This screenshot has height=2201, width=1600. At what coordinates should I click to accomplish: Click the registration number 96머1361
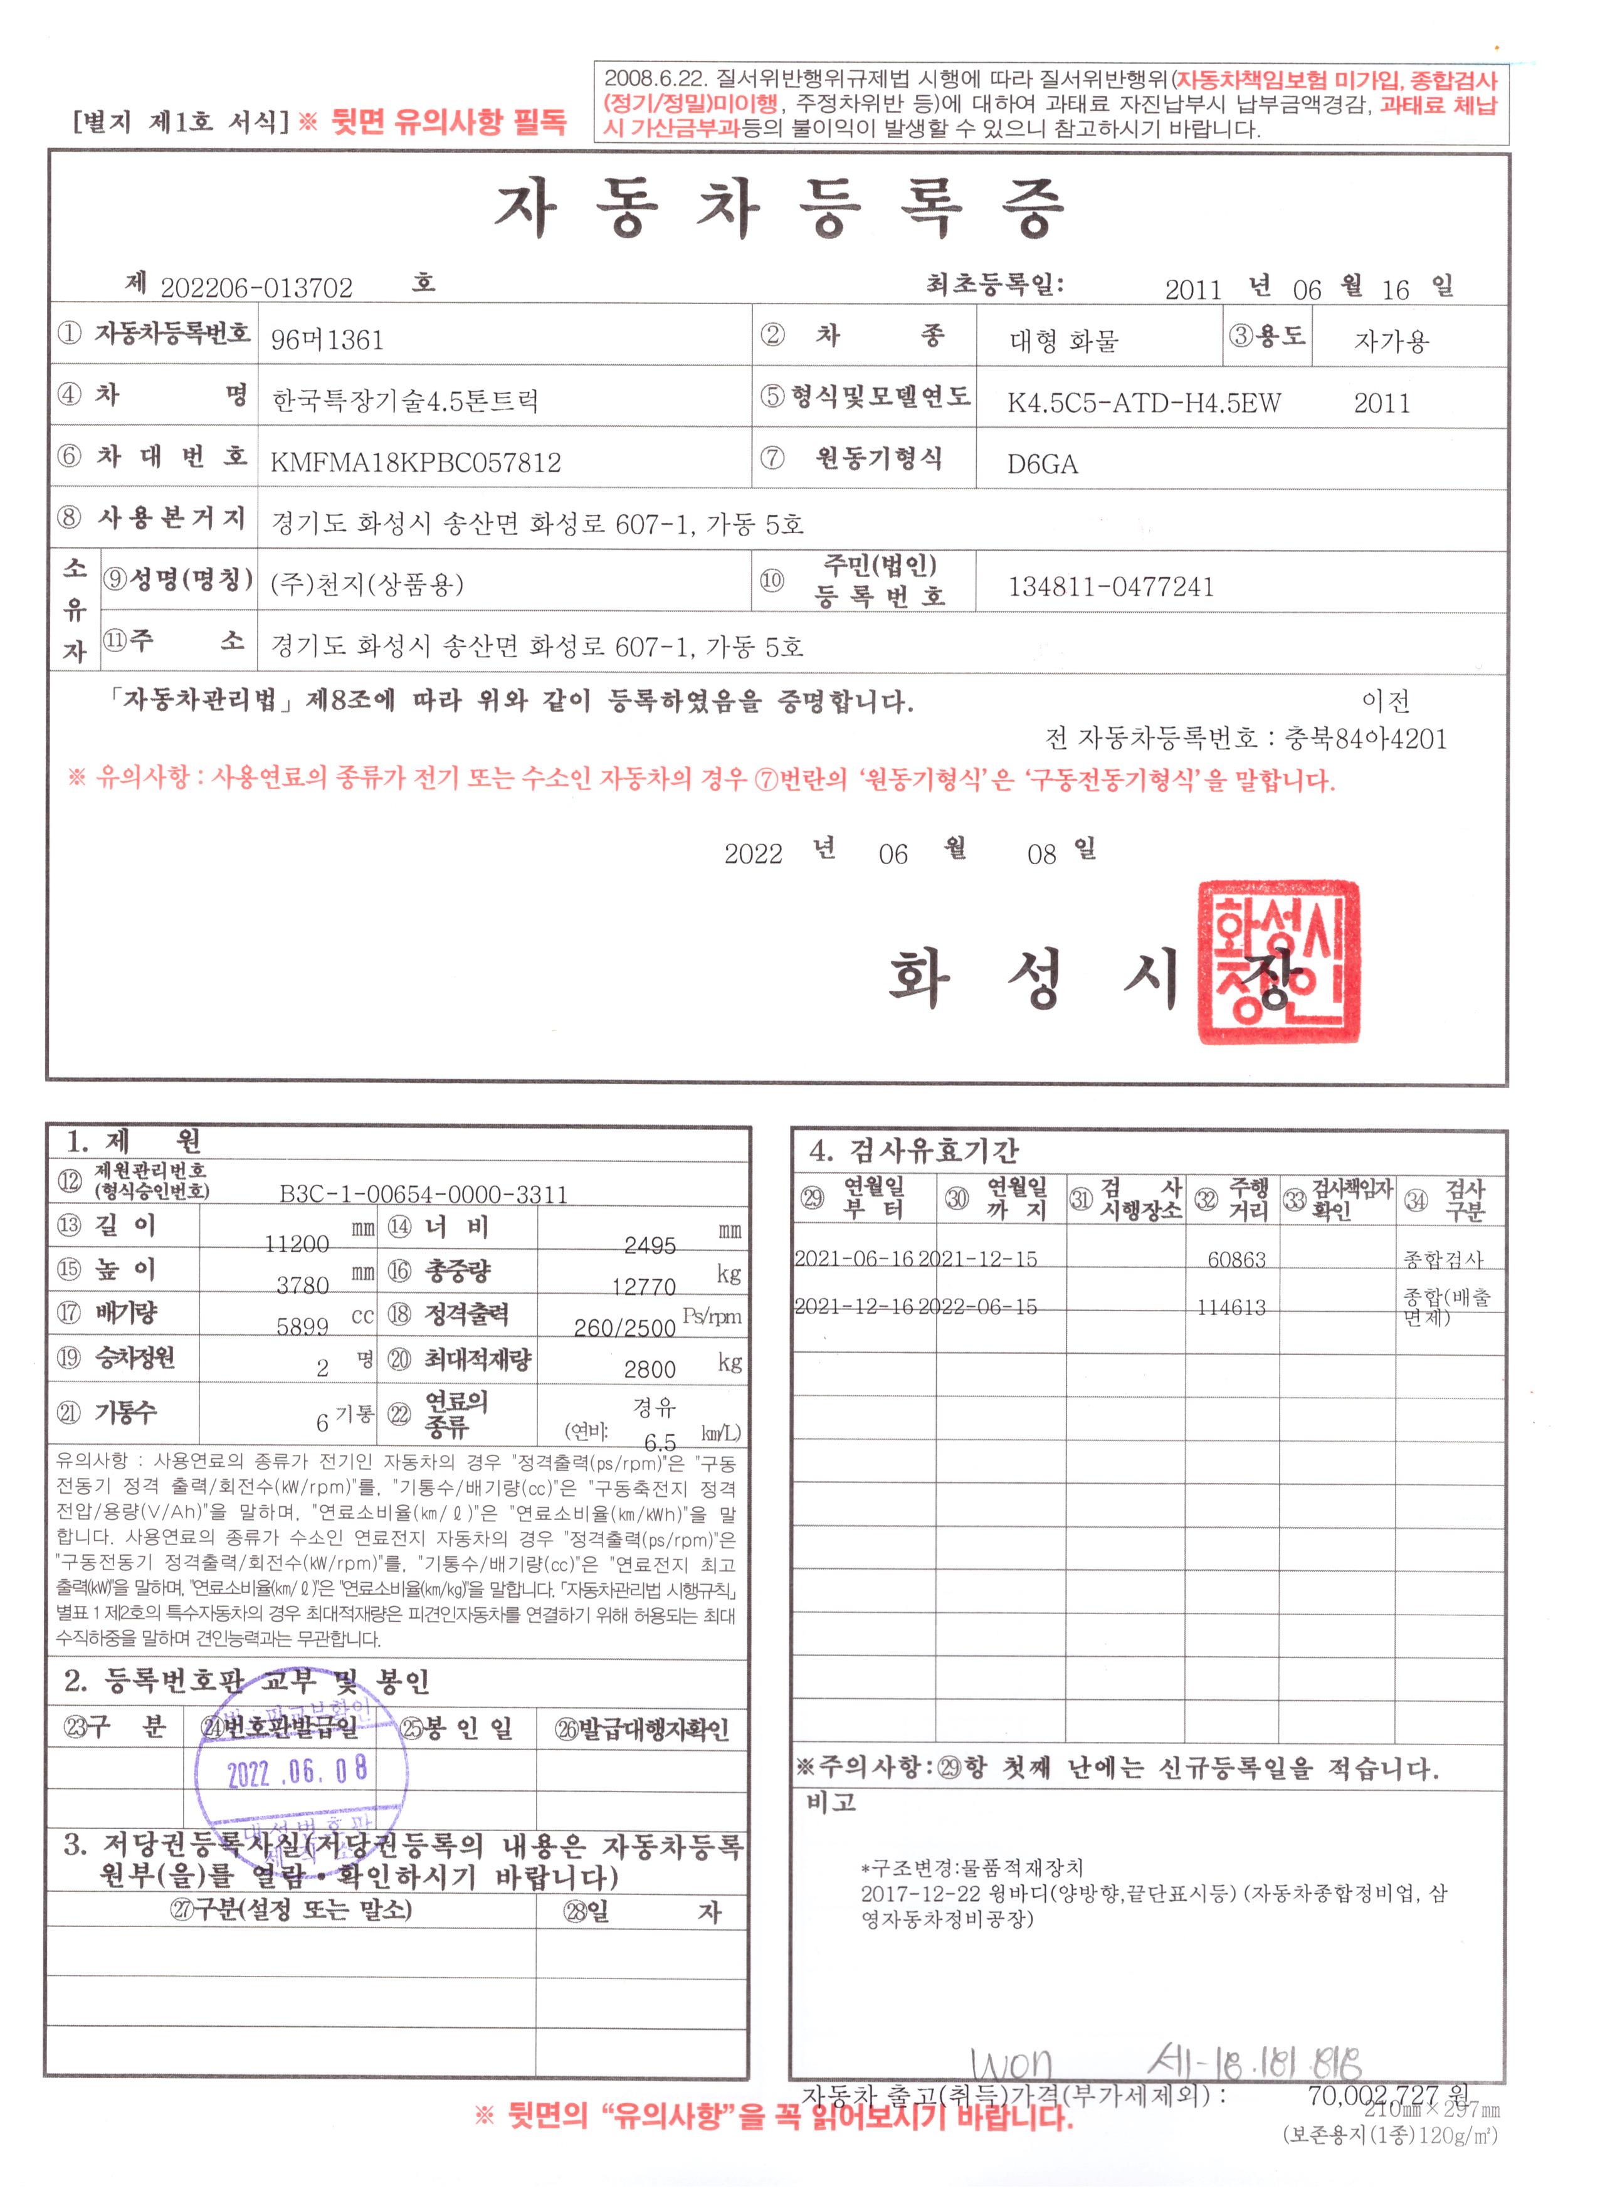pyautogui.click(x=327, y=340)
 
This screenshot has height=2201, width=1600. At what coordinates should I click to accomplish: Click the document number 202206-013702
pyautogui.click(x=256, y=288)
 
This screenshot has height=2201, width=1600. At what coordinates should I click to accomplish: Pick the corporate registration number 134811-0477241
pyautogui.click(x=1111, y=587)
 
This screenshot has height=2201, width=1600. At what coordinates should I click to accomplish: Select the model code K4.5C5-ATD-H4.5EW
pyautogui.click(x=1143, y=403)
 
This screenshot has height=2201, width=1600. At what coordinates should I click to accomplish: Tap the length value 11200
pyautogui.click(x=297, y=1244)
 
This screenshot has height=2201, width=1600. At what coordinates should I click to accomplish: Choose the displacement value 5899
pyautogui.click(x=303, y=1327)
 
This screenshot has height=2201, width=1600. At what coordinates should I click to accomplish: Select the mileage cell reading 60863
pyautogui.click(x=1236, y=1260)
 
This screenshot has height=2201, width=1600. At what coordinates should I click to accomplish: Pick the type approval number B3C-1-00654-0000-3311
pyautogui.click(x=423, y=1195)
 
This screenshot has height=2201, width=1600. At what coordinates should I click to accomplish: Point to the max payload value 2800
pyautogui.click(x=649, y=1370)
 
